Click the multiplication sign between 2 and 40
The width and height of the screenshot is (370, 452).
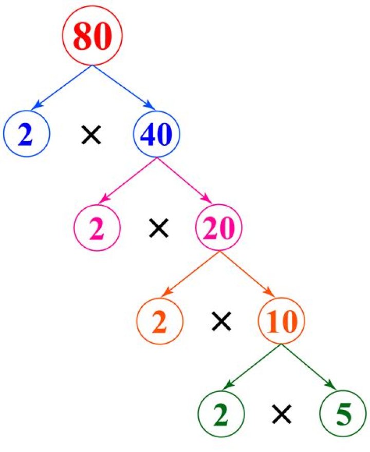pyautogui.click(x=90, y=134)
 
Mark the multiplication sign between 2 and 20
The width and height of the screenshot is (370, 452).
pyautogui.click(x=158, y=228)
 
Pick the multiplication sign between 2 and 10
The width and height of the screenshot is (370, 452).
pyautogui.click(x=221, y=321)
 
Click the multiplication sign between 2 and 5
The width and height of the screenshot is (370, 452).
pyautogui.click(x=282, y=414)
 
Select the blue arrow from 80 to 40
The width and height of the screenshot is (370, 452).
pyautogui.click(x=124, y=87)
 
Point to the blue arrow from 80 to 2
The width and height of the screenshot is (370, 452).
pyautogui.click(x=62, y=87)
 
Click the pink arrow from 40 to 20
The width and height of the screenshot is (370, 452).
pyautogui.click(x=184, y=181)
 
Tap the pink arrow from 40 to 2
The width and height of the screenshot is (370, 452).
pyautogui.click(x=128, y=181)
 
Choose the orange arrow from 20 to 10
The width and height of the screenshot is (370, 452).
pyautogui.click(x=246, y=274)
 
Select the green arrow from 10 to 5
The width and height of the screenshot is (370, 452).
pyautogui.click(x=309, y=367)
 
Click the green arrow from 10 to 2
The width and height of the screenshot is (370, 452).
pyautogui.click(x=253, y=367)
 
